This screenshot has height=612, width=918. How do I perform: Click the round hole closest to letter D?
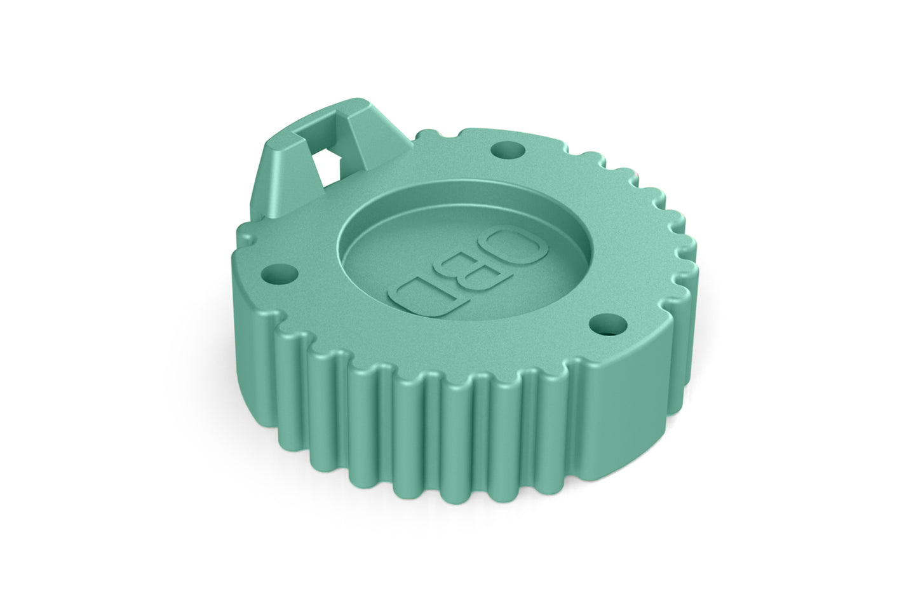pyautogui.click(x=278, y=276)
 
